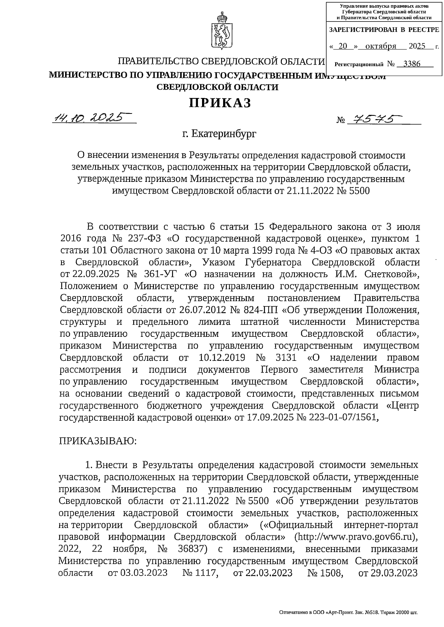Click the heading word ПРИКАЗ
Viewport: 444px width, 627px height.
pos(221,103)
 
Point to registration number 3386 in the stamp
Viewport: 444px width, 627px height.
pos(412,64)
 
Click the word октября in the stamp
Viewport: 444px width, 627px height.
pos(380,46)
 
